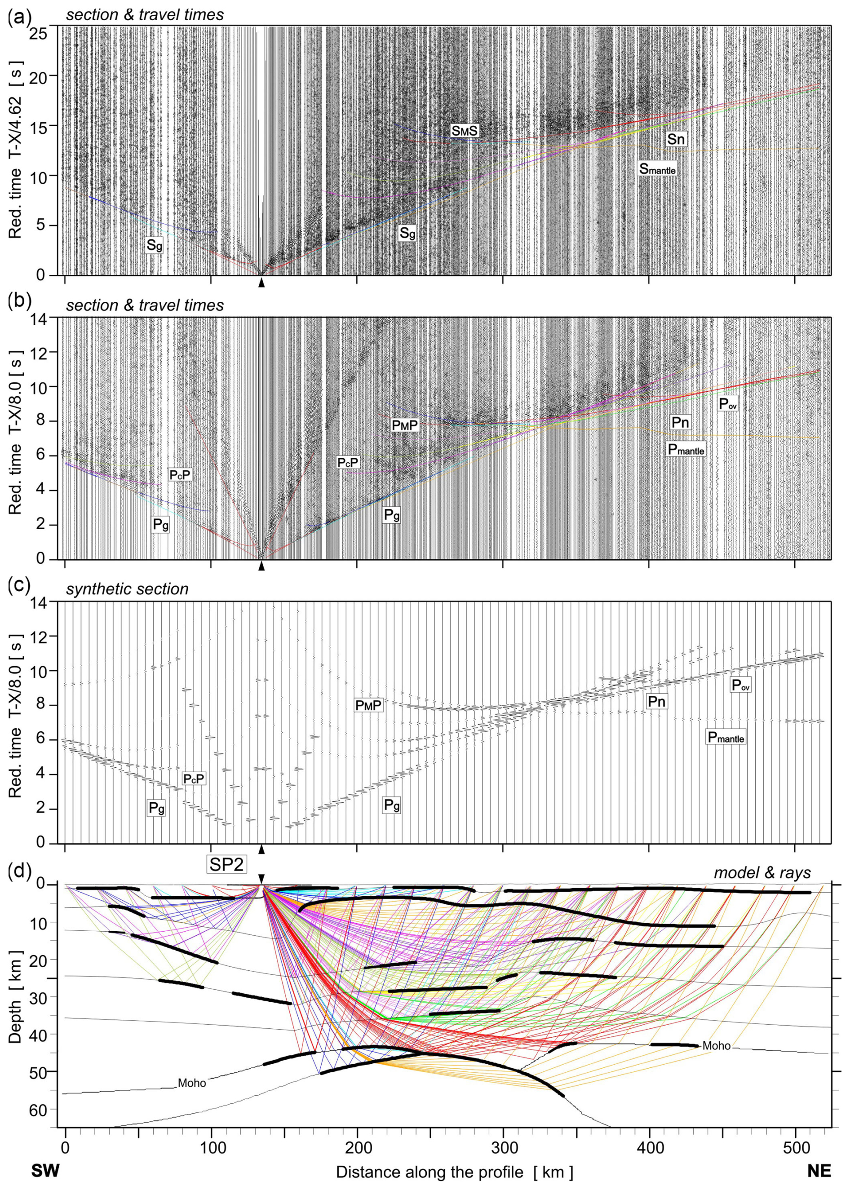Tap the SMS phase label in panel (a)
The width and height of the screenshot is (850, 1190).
coord(465,130)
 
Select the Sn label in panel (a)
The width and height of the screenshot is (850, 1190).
coord(675,139)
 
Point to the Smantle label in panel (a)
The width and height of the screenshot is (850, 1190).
coord(657,168)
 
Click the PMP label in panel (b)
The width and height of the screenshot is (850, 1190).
coord(405,425)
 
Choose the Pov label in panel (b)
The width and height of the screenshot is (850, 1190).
coord(727,403)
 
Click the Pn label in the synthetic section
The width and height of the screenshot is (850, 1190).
coord(656,701)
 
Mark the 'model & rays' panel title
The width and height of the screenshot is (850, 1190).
coord(762,872)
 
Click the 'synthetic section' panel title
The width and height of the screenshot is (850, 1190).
coord(127,589)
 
